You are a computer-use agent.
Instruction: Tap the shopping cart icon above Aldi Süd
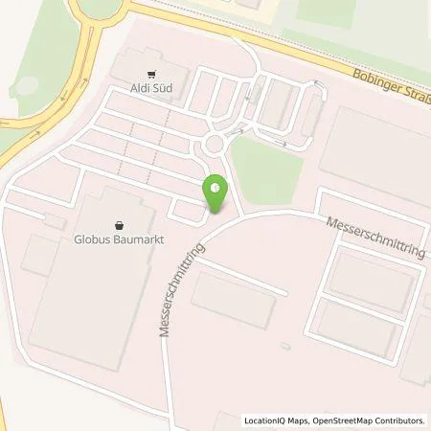150,74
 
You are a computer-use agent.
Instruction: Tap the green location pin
216,194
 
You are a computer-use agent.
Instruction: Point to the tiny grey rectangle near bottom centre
284,345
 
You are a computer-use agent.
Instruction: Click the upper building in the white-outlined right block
370,281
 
